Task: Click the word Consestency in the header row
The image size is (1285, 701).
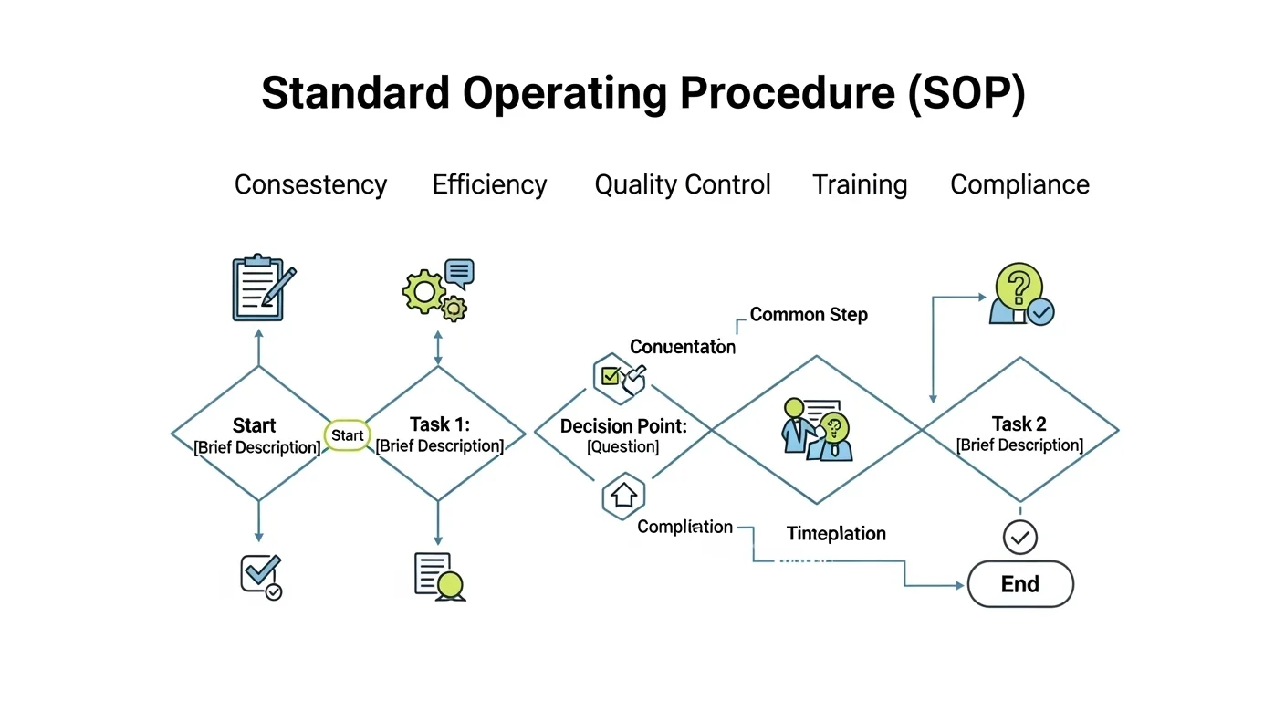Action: pos(310,184)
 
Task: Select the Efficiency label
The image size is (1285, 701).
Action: pos(489,184)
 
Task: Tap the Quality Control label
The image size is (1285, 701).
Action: pos(682,184)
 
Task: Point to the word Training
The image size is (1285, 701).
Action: pos(860,184)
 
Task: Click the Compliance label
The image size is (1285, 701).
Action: pos(1019,184)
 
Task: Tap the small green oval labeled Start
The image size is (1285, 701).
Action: pos(347,435)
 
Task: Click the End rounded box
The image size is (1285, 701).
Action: pos(1019,584)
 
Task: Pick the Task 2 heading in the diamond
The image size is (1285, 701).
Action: pos(1019,424)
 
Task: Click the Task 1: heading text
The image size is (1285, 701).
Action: pos(438,424)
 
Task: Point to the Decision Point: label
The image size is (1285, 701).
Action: pos(623,426)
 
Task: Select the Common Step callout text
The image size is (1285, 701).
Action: pos(808,315)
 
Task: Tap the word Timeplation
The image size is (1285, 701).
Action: pos(836,534)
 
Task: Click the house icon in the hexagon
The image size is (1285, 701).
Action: pos(624,496)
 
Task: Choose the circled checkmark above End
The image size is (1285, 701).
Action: pos(1019,538)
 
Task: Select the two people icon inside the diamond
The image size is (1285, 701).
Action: pos(815,428)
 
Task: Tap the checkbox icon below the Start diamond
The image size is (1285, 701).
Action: pos(260,576)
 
